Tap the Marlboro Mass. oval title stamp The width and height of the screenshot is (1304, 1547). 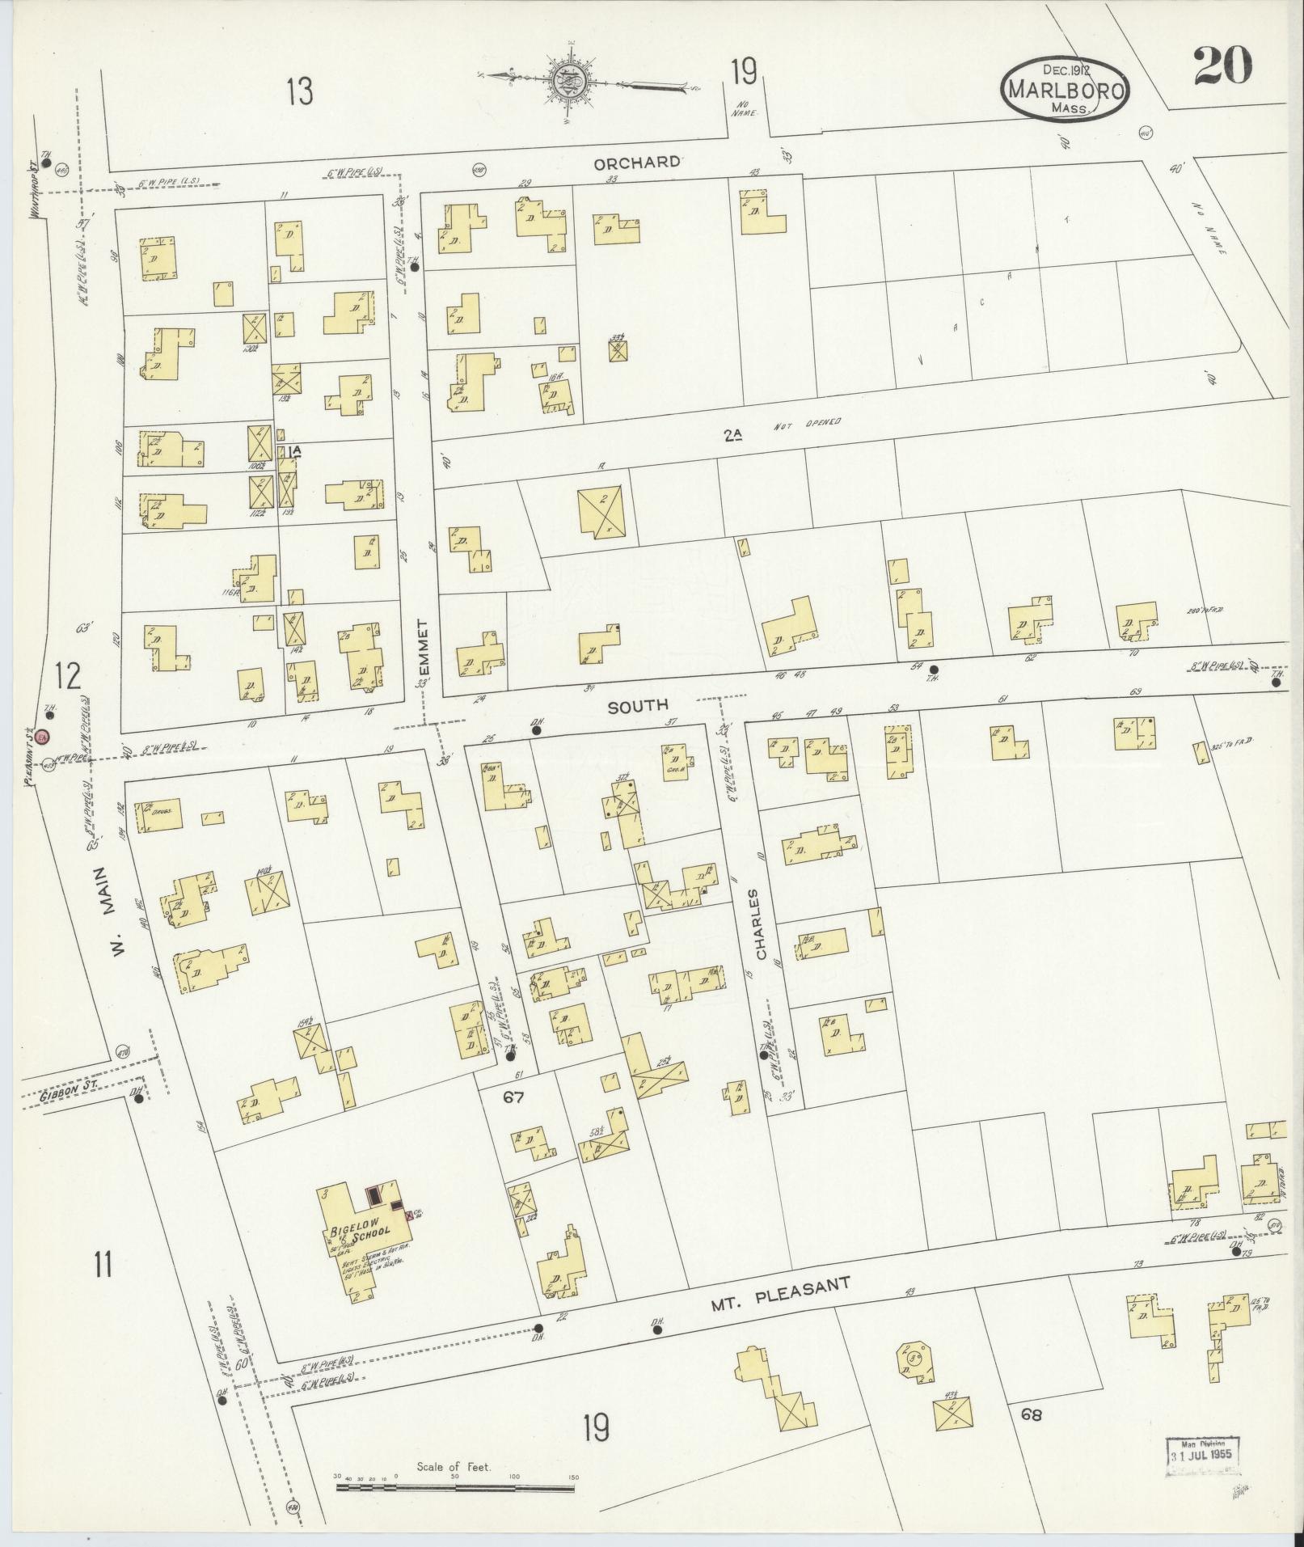click(x=1065, y=90)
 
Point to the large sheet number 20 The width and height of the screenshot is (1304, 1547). click(x=1223, y=65)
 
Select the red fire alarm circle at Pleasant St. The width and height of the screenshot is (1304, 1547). click(x=43, y=736)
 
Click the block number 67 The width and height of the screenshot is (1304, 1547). click(x=514, y=1098)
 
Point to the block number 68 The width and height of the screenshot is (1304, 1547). click(x=1031, y=1414)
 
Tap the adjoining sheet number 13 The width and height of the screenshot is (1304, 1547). click(x=298, y=91)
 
